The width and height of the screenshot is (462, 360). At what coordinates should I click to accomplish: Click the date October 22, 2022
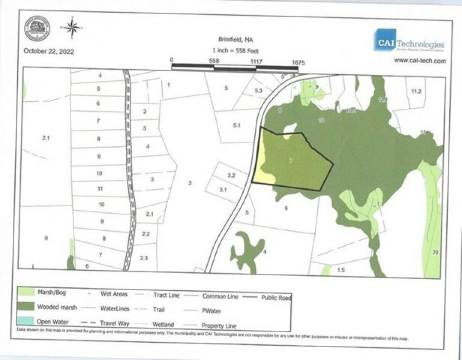pos(49,51)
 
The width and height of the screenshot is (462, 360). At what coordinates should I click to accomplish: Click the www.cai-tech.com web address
pos(420,61)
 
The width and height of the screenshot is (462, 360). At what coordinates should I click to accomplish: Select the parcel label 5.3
pos(258,91)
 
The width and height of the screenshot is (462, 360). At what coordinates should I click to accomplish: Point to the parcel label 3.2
pos(231,176)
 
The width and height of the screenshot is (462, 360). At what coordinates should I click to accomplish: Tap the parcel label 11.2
pos(417,91)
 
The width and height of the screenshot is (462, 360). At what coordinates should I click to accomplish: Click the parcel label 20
pos(435,252)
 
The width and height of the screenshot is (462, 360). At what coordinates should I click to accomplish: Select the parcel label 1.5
pos(341,270)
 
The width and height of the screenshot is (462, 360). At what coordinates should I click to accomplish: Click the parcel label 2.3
pos(144,258)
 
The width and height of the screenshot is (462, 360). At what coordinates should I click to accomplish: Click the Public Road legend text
pos(276,297)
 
